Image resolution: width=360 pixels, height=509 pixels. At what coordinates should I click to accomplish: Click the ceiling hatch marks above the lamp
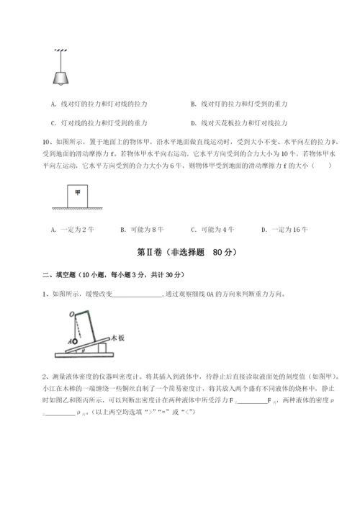tap(59, 50)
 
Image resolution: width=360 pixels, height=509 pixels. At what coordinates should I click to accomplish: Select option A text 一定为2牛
tap(72, 229)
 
